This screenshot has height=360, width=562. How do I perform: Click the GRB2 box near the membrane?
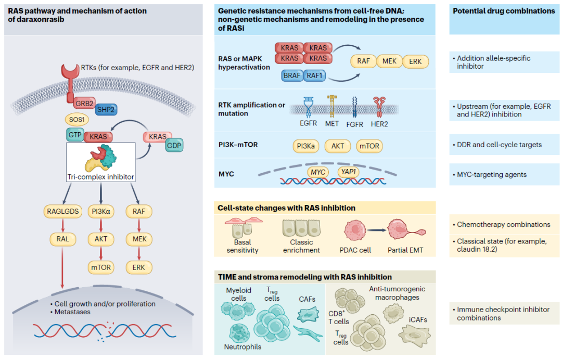point(85,103)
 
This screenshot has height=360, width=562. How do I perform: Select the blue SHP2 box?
point(106,109)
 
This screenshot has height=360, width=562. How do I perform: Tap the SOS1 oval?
point(76,119)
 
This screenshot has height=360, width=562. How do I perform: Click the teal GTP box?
point(75,135)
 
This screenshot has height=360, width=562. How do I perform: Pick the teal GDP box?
point(174,146)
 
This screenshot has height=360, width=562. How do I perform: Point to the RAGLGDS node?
point(63,211)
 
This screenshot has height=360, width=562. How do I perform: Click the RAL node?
point(63,239)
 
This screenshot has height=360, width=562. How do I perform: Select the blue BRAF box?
point(292,75)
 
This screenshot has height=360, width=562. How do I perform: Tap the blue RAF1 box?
point(314,75)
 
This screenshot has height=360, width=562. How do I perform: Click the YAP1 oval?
point(348,172)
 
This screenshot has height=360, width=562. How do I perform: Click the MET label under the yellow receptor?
point(331,124)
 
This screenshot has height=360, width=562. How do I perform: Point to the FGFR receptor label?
point(354,124)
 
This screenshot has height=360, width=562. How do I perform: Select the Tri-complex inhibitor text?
point(100,176)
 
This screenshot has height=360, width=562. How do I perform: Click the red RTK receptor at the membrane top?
point(70,82)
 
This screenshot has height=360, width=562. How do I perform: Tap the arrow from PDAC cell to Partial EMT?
point(376,230)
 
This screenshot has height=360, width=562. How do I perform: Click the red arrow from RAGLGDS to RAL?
point(63,225)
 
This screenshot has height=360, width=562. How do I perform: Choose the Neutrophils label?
point(242,347)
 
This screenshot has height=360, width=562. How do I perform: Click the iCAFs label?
point(418,319)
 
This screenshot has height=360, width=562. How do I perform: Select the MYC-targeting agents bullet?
point(490,174)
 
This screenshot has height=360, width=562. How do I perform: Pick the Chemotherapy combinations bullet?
point(501,225)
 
